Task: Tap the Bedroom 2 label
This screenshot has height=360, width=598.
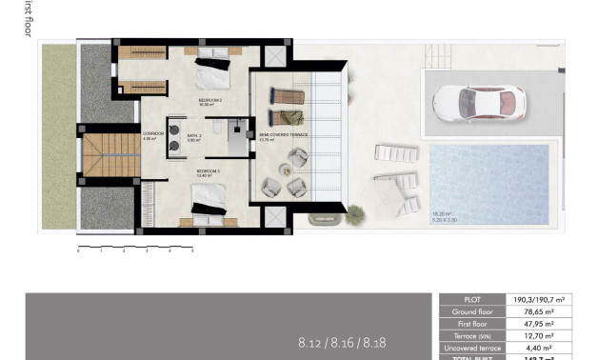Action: pyautogui.click(x=209, y=100)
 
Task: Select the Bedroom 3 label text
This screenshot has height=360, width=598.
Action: pyautogui.click(x=208, y=173)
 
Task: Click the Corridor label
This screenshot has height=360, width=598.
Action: pyautogui.click(x=152, y=134)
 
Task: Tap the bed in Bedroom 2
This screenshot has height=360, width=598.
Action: pyautogui.click(x=212, y=71)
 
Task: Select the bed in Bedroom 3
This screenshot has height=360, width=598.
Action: pyautogui.click(x=209, y=202)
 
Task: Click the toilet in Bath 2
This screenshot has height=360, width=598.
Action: pyautogui.click(x=218, y=127)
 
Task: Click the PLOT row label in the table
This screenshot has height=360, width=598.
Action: pyautogui.click(x=472, y=299)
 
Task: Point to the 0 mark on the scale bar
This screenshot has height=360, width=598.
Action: pyautogui.click(x=78, y=251)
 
